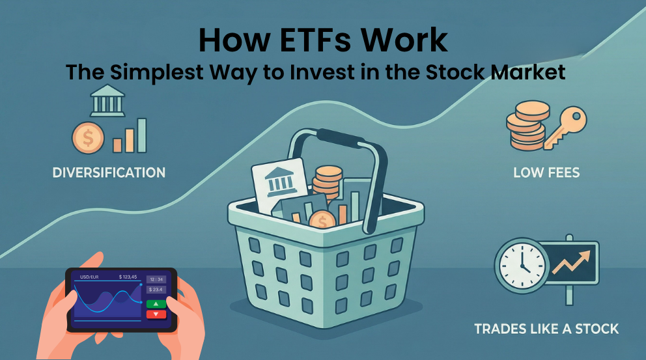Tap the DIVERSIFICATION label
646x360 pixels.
(x=109, y=173)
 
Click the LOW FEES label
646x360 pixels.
(x=546, y=173)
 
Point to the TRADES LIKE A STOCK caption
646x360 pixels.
(x=546, y=328)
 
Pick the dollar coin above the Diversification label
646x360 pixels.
(x=89, y=138)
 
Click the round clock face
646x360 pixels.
(x=522, y=266)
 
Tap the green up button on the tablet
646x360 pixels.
(x=156, y=303)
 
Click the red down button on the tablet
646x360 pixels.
(x=156, y=314)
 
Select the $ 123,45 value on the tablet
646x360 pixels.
(x=128, y=277)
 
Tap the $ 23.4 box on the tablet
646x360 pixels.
(x=156, y=290)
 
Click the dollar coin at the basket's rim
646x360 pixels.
(x=322, y=222)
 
